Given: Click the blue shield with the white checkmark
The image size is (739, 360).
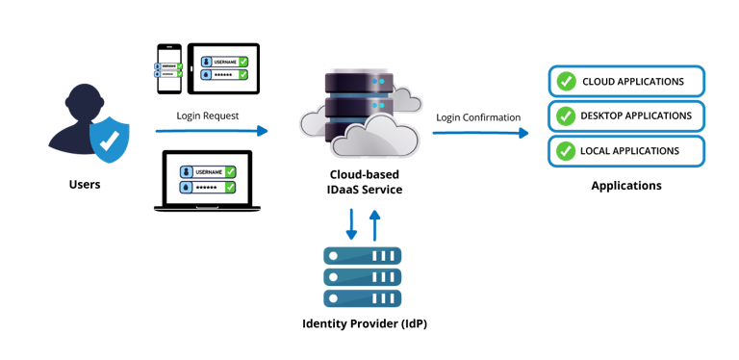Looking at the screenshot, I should click(x=109, y=141).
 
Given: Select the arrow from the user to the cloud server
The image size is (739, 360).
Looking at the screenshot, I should click(x=212, y=131).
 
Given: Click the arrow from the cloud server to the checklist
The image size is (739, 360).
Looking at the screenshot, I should click(x=480, y=133).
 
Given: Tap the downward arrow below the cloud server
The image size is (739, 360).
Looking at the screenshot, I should click(x=351, y=222).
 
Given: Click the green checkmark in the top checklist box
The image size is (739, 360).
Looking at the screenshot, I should click(x=567, y=81).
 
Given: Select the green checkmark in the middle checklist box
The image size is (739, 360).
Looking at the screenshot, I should click(x=567, y=116).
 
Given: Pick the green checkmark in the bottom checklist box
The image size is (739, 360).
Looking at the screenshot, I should click(x=567, y=151).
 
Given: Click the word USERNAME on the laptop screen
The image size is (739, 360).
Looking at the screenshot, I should click(x=209, y=171).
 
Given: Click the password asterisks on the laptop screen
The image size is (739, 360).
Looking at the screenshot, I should click(x=207, y=187).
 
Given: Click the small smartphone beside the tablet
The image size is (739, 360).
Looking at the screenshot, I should click(x=169, y=68).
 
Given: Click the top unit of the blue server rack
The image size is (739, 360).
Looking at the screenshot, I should click(x=362, y=256).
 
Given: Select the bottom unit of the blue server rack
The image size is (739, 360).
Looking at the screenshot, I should click(x=362, y=297).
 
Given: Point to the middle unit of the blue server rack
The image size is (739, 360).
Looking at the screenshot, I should click(x=362, y=277).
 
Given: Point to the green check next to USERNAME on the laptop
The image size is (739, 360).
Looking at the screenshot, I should click(x=230, y=171).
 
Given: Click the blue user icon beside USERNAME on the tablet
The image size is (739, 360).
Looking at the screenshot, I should click(x=206, y=62).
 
